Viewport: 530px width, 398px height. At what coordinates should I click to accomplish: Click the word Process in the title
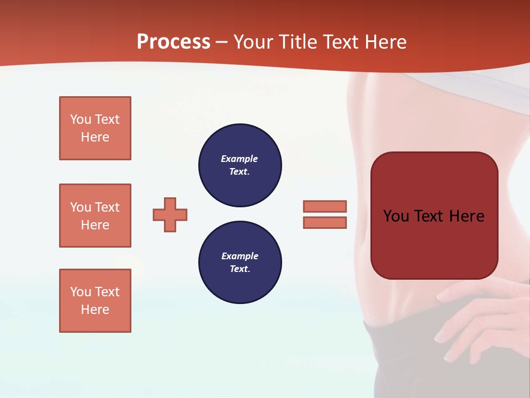(173, 42)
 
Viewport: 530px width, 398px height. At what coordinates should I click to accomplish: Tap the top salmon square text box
(95, 128)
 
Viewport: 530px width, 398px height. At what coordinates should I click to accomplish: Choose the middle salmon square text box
(95, 216)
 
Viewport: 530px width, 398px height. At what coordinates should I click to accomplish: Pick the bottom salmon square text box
(95, 301)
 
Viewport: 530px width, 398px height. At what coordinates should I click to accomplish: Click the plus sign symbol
(170, 214)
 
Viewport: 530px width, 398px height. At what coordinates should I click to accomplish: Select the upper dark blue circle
(240, 165)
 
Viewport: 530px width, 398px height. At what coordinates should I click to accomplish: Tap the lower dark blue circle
(240, 263)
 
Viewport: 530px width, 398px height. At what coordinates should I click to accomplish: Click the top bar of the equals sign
(325, 206)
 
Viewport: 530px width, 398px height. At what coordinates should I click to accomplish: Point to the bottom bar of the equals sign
(325, 222)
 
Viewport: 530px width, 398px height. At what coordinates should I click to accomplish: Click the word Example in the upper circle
(240, 159)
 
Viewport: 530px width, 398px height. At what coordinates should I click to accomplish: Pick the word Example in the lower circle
(240, 256)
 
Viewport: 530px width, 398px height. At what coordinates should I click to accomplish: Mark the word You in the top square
(81, 119)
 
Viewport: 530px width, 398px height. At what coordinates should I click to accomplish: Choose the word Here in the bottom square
(95, 310)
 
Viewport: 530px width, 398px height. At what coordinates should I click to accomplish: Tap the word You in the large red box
(396, 216)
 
